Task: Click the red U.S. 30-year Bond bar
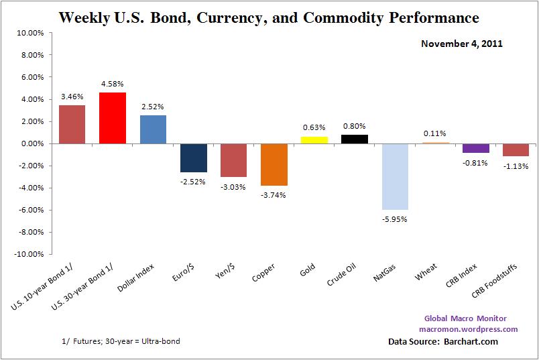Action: (x=113, y=118)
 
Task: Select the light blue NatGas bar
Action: (x=395, y=176)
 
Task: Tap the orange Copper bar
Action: (x=274, y=164)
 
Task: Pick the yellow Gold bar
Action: (x=314, y=139)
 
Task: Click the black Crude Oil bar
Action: (x=355, y=139)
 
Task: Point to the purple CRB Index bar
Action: (x=476, y=148)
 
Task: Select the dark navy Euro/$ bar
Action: (x=193, y=158)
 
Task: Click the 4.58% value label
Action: (x=113, y=84)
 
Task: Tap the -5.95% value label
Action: (x=395, y=219)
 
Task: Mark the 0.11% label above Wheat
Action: (x=435, y=133)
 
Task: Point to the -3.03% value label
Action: (x=233, y=186)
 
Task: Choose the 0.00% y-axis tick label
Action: (x=32, y=143)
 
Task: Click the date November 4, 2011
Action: (x=462, y=44)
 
